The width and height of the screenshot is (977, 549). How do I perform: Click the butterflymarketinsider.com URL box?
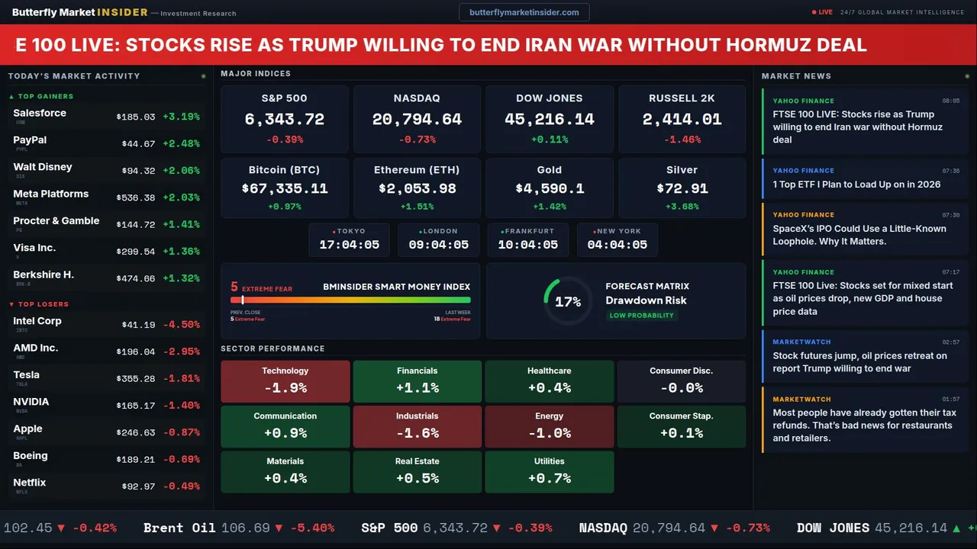pyautogui.click(x=524, y=12)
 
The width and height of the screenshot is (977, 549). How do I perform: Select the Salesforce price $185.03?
pyautogui.click(x=136, y=117)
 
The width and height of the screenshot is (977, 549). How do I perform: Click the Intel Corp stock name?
pyautogui.click(x=37, y=321)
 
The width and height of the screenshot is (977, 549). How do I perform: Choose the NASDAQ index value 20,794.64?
pyautogui.click(x=417, y=120)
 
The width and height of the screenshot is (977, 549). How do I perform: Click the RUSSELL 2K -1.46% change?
pyautogui.click(x=682, y=140)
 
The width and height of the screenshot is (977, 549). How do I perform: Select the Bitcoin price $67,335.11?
pyautogui.click(x=285, y=188)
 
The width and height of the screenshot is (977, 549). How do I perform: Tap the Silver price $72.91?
pyautogui.click(x=682, y=188)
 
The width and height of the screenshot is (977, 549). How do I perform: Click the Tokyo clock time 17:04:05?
pyautogui.click(x=349, y=245)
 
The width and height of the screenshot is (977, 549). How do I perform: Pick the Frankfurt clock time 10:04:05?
pyautogui.click(x=527, y=245)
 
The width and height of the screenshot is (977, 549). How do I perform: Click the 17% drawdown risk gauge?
pyautogui.click(x=567, y=302)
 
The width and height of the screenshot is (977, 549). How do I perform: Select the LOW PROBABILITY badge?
pyautogui.click(x=641, y=316)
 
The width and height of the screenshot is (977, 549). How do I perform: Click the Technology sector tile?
pyautogui.click(x=285, y=380)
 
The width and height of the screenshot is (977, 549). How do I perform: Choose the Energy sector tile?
pyautogui.click(x=550, y=426)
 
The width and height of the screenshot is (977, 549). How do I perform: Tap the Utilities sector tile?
pyautogui.click(x=550, y=471)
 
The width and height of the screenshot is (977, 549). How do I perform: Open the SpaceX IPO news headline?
pyautogui.click(x=859, y=235)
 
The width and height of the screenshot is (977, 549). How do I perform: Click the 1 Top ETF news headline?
pyautogui.click(x=856, y=185)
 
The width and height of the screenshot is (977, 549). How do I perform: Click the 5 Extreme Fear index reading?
pyautogui.click(x=235, y=287)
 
